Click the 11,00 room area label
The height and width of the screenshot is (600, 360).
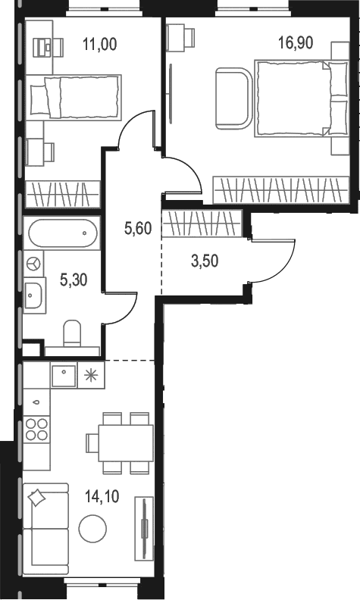tap(100, 44)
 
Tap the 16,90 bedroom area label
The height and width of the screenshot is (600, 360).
tap(296, 43)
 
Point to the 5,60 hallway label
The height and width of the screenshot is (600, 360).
tap(138, 229)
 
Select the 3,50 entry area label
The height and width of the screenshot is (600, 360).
tap(205, 261)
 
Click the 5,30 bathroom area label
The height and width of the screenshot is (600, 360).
tap(74, 280)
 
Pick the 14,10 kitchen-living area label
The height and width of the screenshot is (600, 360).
tap(102, 497)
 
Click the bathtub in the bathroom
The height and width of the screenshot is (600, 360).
tap(63, 233)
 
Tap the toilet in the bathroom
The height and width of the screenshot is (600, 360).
tap(72, 333)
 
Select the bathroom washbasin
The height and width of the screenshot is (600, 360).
tap(34, 293)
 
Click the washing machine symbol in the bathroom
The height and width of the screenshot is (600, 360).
tap(33, 264)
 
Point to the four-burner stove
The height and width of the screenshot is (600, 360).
tap(36, 430)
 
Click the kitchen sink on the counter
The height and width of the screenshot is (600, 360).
tap(64, 374)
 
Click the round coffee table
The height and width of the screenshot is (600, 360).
tap(92, 529)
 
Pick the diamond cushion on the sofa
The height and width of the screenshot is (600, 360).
tap(37, 498)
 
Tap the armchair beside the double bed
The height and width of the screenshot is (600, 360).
tap(233, 98)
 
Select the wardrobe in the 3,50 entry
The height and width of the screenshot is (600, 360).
tap(202, 223)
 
